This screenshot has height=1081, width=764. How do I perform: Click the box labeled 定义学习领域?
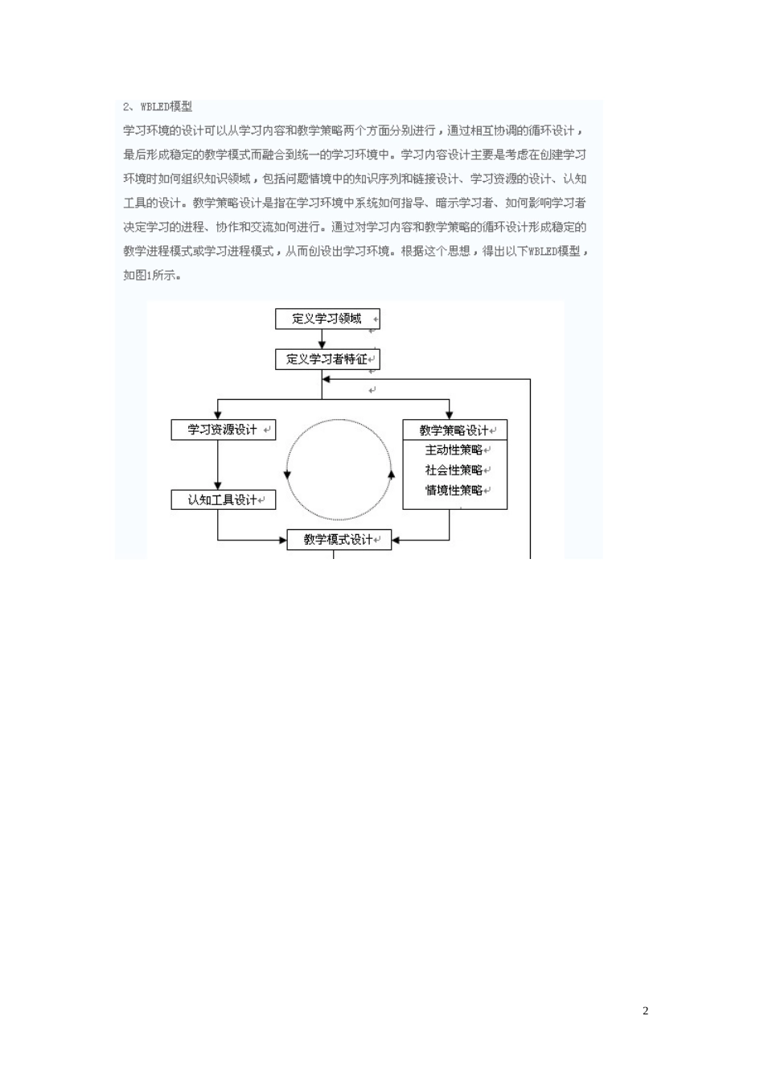click(x=327, y=319)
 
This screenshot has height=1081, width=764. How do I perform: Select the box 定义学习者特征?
click(x=327, y=359)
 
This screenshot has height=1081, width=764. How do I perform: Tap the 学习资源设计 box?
click(x=222, y=430)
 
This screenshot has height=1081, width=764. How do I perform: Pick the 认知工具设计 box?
click(x=222, y=499)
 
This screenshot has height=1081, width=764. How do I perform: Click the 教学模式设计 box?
click(x=339, y=540)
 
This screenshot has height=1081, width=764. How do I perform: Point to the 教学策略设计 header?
click(x=454, y=430)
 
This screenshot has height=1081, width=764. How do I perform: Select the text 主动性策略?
click(x=454, y=450)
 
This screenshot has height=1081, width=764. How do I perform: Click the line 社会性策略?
click(x=454, y=471)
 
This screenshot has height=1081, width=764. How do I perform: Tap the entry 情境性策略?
click(x=454, y=491)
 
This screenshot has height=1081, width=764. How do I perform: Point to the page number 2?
click(x=646, y=1011)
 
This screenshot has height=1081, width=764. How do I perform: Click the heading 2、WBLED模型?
click(x=158, y=106)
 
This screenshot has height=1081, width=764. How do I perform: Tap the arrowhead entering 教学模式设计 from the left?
click(x=282, y=540)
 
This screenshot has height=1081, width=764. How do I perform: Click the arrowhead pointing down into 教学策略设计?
click(x=450, y=413)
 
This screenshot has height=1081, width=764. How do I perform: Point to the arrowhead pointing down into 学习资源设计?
click(x=218, y=413)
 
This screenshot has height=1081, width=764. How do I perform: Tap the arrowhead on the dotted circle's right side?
click(x=392, y=474)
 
